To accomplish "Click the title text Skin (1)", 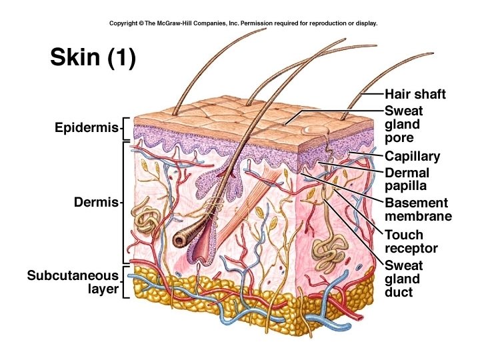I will pyautogui.click(x=93, y=58).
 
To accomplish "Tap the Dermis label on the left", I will pyautogui.click(x=95, y=201).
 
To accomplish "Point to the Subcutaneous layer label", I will pyautogui.click(x=73, y=282).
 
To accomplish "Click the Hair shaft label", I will pyautogui.click(x=415, y=94).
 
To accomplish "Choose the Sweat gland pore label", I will pyautogui.click(x=403, y=125).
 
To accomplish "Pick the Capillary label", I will pyautogui.click(x=412, y=157).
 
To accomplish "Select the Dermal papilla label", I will pyautogui.click(x=407, y=179).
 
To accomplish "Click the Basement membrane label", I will pyautogui.click(x=417, y=209).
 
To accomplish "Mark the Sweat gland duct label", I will pyautogui.click(x=403, y=279).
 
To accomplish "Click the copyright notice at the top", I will pyautogui.click(x=243, y=23).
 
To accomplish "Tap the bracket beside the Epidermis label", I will pyautogui.click(x=127, y=128).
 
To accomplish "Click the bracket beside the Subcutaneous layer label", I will pyautogui.click(x=127, y=282).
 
